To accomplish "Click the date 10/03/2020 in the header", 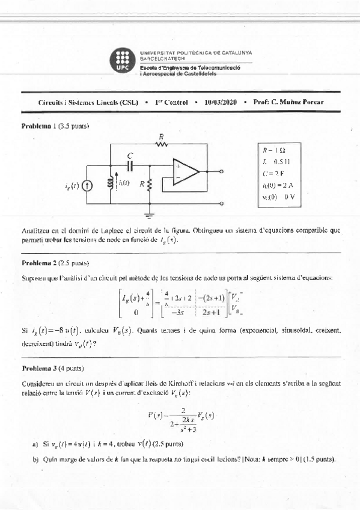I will click(x=221, y=102).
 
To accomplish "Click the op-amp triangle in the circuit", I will click(x=185, y=171).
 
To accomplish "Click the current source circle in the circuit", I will click(x=88, y=186).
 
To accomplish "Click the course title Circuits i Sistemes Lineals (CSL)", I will click(x=82, y=102).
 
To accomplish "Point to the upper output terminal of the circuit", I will click(x=223, y=171).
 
